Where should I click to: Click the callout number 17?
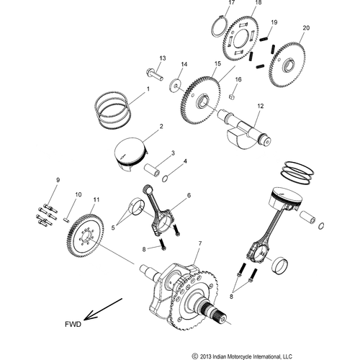tap(231, 3)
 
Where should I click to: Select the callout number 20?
tap(306, 28)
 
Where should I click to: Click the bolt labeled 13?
tap(155, 74)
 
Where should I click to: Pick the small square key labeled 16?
tap(232, 96)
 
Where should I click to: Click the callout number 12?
tap(261, 106)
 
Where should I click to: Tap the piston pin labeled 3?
tap(152, 170)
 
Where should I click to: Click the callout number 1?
tap(148, 89)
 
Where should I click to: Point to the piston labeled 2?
tap(130, 154)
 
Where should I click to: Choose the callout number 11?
tap(96, 199)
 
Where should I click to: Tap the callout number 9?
tap(58, 180)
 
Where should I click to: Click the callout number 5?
tap(113, 228)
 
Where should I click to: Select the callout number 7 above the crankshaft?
tap(200, 243)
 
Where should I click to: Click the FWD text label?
tap(73, 324)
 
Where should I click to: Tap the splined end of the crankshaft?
tap(216, 312)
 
